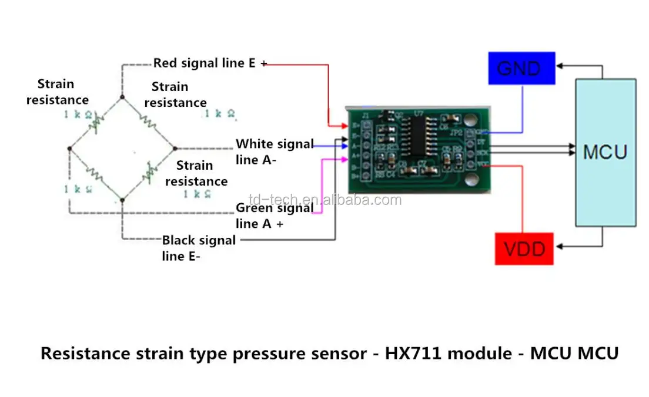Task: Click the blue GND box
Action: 521,68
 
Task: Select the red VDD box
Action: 524,249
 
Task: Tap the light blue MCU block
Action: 605,153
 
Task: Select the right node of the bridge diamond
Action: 175,148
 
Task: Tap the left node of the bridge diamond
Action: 69,149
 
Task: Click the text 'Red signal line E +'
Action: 209,63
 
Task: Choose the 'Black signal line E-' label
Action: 198,247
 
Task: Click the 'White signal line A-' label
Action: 274,151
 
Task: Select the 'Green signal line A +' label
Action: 274,215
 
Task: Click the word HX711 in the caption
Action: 416,354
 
